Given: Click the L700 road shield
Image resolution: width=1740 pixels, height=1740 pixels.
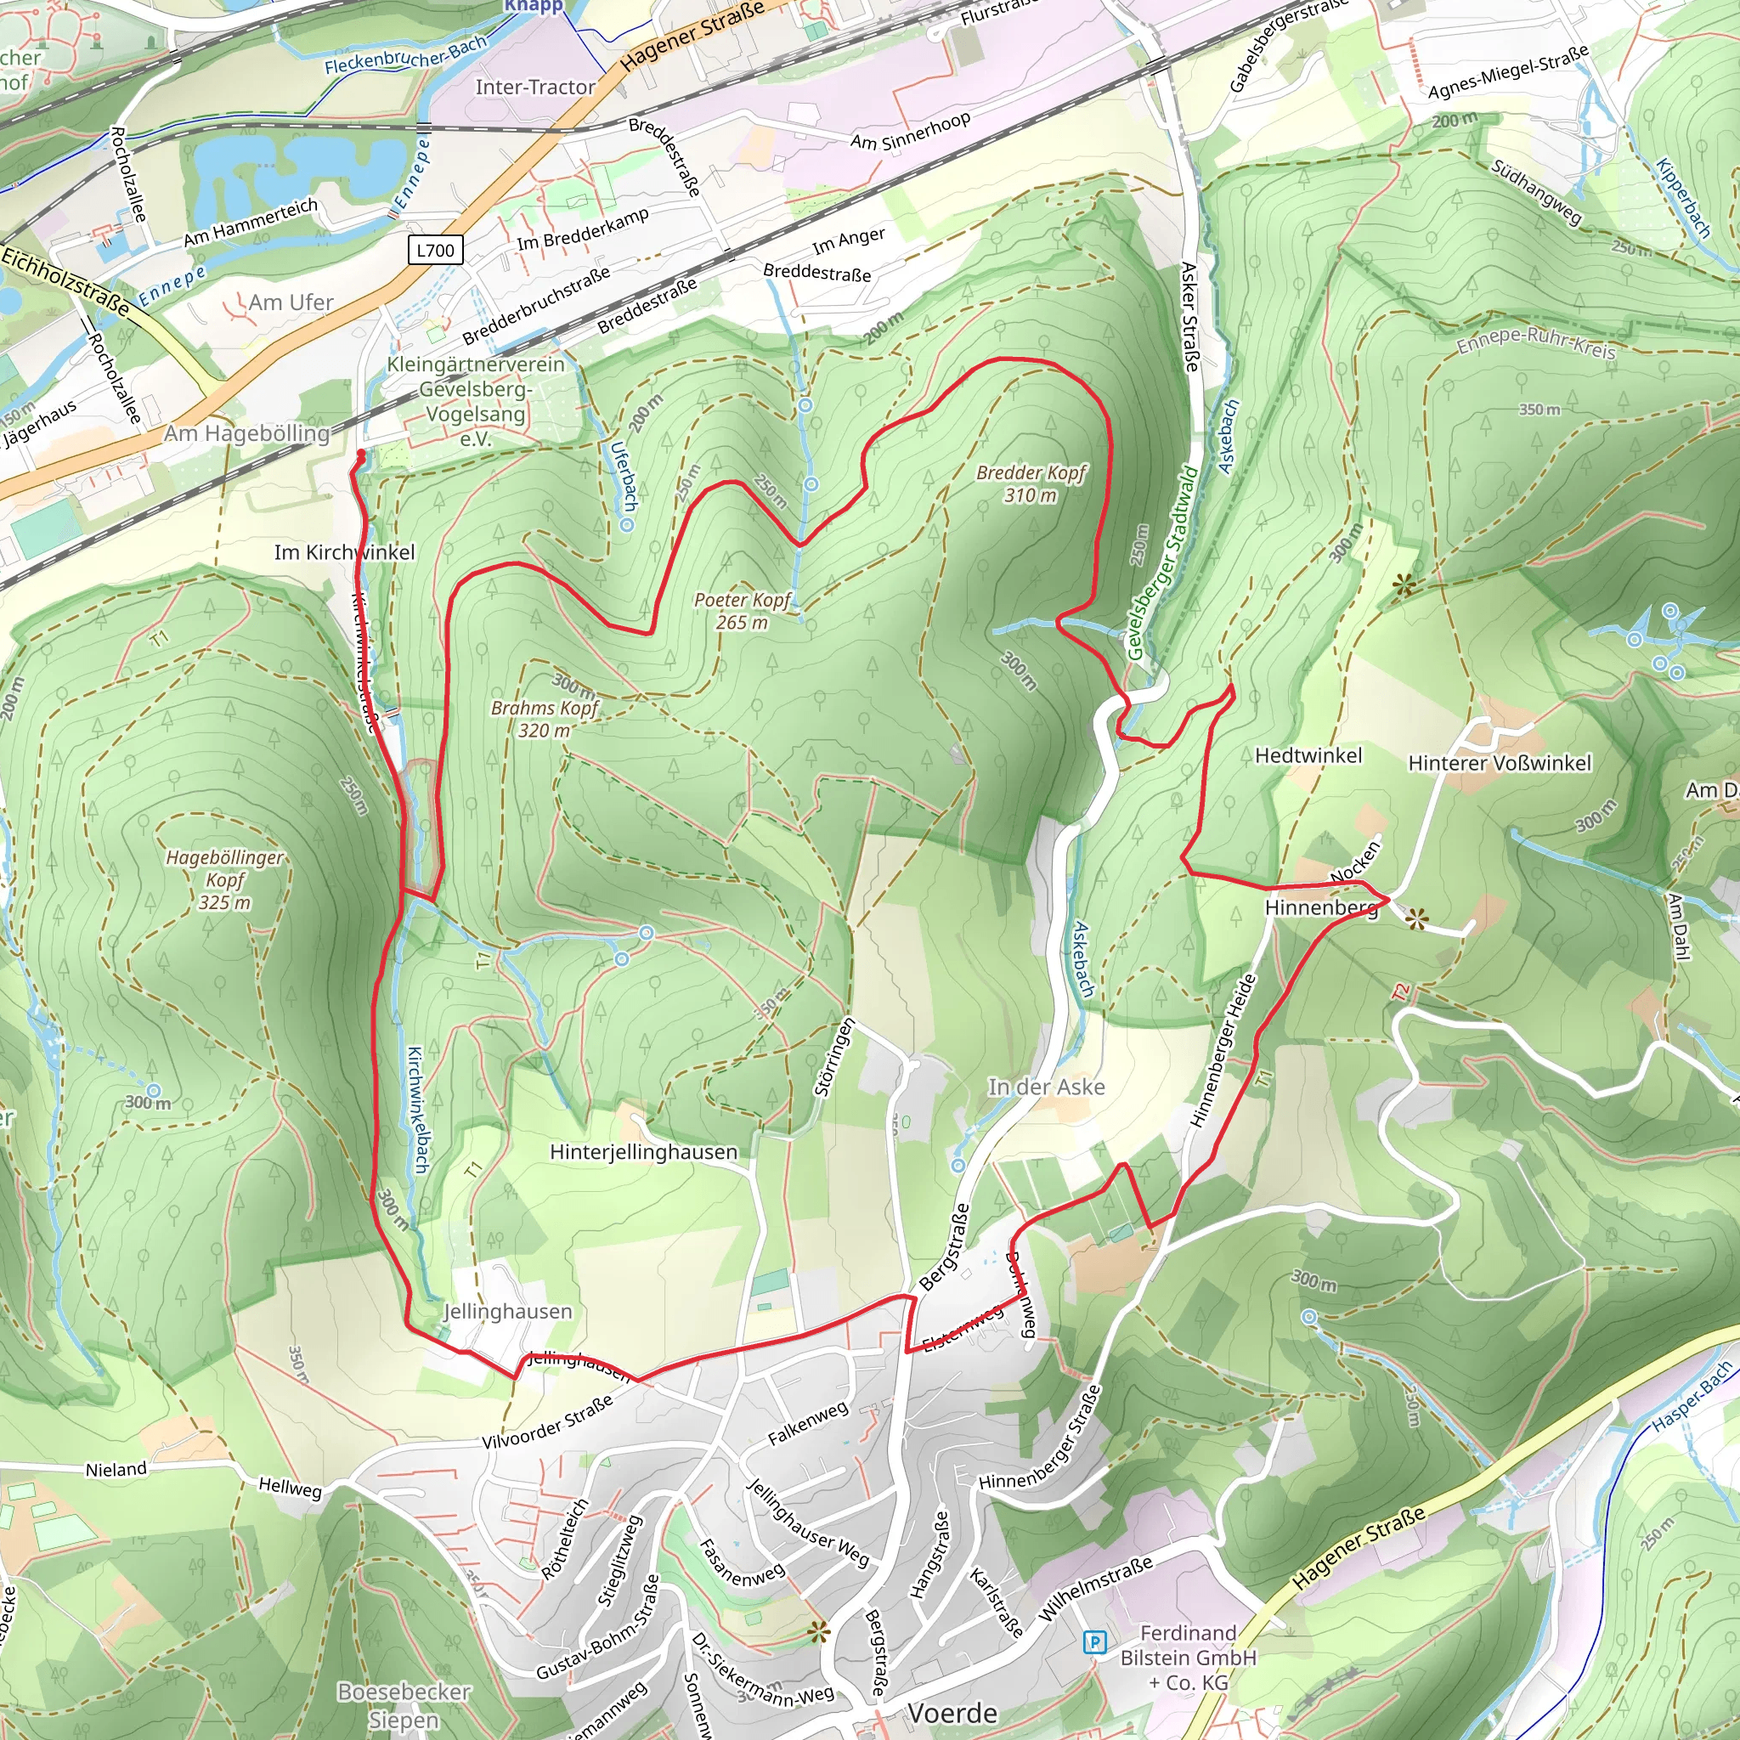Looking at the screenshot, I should pyautogui.click(x=436, y=250).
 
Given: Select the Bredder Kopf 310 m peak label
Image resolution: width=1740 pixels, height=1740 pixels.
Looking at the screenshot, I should pyautogui.click(x=1031, y=483).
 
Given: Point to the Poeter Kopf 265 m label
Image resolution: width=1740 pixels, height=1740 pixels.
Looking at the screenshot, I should pyautogui.click(x=742, y=611).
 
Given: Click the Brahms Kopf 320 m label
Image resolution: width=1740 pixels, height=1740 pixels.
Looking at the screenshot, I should pyautogui.click(x=544, y=719).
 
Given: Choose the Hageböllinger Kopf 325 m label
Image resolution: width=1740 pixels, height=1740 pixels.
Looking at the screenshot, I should pyautogui.click(x=224, y=879).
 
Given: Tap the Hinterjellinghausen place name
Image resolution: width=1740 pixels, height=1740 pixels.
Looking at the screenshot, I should pyautogui.click(x=643, y=1152).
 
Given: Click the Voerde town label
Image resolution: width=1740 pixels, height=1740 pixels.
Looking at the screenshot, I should pyautogui.click(x=952, y=1713).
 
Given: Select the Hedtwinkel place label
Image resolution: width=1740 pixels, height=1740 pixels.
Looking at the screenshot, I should pyautogui.click(x=1308, y=755).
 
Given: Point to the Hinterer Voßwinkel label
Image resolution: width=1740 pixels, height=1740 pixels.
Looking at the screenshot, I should pyautogui.click(x=1500, y=763).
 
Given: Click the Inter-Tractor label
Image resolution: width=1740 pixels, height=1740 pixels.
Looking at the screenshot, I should pyautogui.click(x=535, y=88).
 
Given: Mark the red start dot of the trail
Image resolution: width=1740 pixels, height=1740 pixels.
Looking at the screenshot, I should pyautogui.click(x=361, y=453).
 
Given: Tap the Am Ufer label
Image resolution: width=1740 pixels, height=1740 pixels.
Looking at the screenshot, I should pyautogui.click(x=290, y=302).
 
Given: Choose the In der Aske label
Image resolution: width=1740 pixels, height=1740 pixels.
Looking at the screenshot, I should pyautogui.click(x=1047, y=1087).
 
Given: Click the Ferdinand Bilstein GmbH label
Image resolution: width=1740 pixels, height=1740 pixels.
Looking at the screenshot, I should pyautogui.click(x=1188, y=1657).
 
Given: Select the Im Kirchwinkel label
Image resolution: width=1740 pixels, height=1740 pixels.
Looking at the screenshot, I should pyautogui.click(x=344, y=552).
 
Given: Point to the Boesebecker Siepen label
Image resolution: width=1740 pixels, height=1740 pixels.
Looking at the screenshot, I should pyautogui.click(x=404, y=1705).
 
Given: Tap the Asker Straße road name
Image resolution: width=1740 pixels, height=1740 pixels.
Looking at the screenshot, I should pyautogui.click(x=1189, y=316).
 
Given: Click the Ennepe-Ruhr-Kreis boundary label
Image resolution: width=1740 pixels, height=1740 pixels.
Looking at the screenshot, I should pyautogui.click(x=1535, y=342).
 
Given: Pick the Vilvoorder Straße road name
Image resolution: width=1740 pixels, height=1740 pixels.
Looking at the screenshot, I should pyautogui.click(x=548, y=1421).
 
